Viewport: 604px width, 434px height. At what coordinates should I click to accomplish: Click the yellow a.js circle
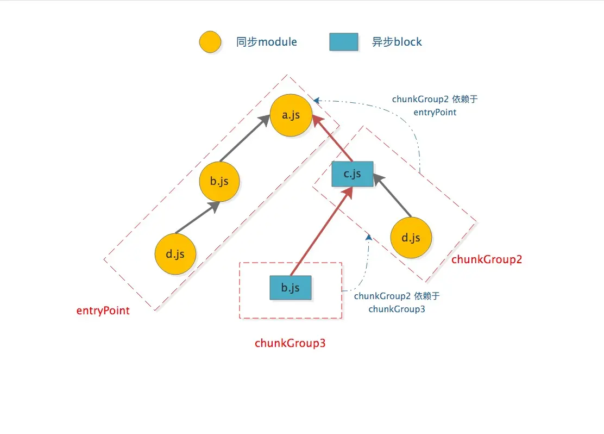(291, 116)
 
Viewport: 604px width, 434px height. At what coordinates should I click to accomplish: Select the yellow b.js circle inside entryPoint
(219, 182)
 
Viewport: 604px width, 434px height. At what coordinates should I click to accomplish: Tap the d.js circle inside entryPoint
(175, 254)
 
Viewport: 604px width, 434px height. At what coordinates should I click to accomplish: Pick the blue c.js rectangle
(353, 174)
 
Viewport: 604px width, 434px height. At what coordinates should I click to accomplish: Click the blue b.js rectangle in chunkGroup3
(291, 288)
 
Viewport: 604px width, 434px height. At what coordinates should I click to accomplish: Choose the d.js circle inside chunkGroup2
(411, 238)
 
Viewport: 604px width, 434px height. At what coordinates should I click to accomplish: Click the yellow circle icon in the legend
(210, 42)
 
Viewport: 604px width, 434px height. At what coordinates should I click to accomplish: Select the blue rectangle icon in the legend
(344, 42)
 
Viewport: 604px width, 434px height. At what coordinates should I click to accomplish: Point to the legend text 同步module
(267, 42)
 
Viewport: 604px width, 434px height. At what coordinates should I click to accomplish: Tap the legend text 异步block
(397, 42)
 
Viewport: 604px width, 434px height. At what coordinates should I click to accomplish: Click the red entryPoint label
(103, 311)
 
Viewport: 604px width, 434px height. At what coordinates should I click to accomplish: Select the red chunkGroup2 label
(487, 259)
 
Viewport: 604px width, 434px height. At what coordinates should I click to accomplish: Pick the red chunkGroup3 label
(290, 343)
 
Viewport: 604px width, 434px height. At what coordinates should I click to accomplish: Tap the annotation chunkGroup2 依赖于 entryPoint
(435, 106)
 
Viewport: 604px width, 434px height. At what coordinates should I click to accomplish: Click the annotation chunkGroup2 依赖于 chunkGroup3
(397, 302)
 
